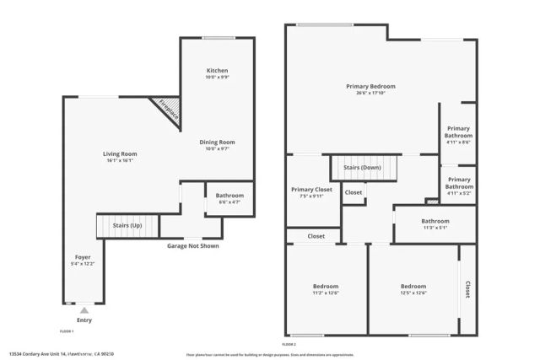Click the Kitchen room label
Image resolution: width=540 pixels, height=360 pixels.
click(x=218, y=70)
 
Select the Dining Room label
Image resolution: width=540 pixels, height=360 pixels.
click(x=217, y=142)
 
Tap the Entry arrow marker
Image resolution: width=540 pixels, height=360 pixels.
click(x=84, y=310)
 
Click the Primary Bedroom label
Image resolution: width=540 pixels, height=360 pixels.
click(x=370, y=86)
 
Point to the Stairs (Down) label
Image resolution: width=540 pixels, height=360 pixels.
click(x=362, y=167)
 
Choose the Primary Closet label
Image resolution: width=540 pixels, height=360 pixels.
click(x=311, y=190)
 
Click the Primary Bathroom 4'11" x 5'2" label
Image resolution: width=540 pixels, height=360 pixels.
click(x=459, y=180)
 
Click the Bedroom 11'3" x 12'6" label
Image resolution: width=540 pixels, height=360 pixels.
click(x=326, y=286)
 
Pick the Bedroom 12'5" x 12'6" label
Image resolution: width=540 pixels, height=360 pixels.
click(x=413, y=286)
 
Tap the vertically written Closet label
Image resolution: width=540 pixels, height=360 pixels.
click(x=467, y=289)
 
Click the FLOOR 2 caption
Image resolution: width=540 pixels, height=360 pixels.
click(x=289, y=344)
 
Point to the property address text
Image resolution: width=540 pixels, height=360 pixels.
click(x=61, y=354)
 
